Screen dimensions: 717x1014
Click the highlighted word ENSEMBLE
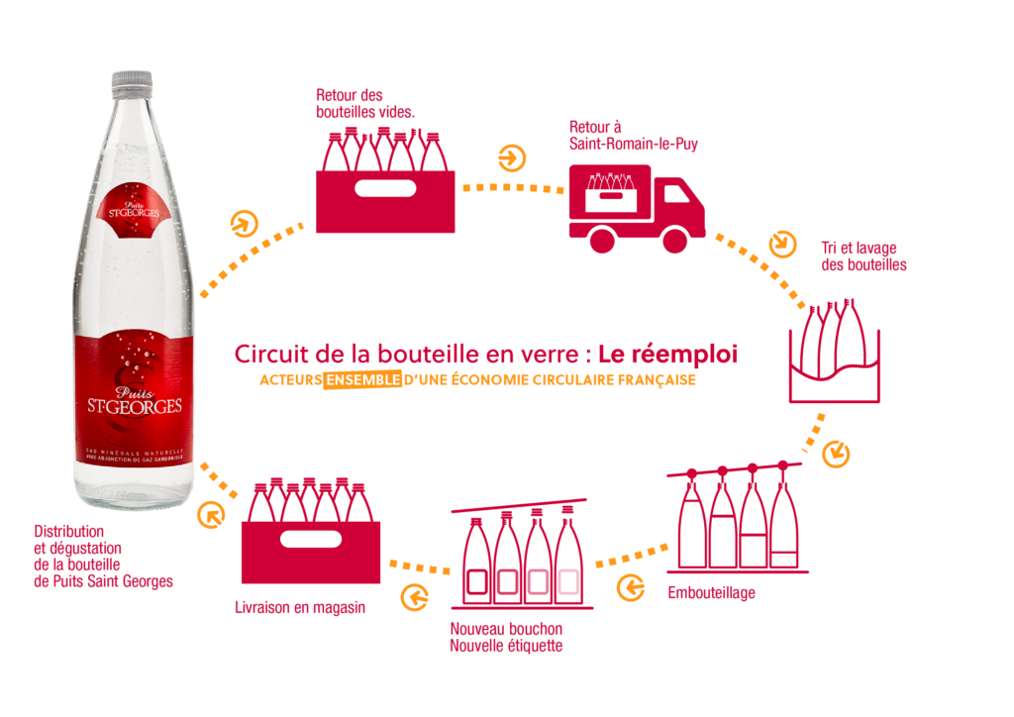pyautogui.click(x=363, y=379)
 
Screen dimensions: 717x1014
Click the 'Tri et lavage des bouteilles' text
pyautogui.click(x=862, y=256)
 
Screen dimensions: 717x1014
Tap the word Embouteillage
pyautogui.click(x=711, y=593)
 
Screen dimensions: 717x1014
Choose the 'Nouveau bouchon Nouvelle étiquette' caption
pyautogui.click(x=506, y=638)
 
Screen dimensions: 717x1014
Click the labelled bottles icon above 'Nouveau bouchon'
pyautogui.click(x=522, y=558)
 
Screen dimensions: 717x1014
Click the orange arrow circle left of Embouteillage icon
pyautogui.click(x=630, y=587)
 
